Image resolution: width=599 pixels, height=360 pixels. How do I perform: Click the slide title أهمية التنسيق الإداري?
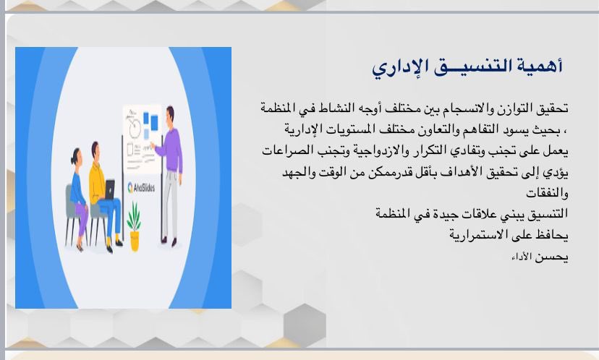click(467, 67)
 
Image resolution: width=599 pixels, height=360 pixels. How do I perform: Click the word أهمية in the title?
click(540, 66)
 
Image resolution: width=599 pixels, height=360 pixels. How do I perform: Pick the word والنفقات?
click(547, 193)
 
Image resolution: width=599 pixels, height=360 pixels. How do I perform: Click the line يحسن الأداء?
click(540, 257)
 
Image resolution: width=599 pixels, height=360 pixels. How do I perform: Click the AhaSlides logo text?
click(141, 187)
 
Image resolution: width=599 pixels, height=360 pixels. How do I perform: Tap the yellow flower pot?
click(135, 241)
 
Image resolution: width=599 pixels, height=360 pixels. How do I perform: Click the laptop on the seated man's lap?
click(110, 189)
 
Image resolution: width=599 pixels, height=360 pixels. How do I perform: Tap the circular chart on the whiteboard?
click(134, 128)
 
